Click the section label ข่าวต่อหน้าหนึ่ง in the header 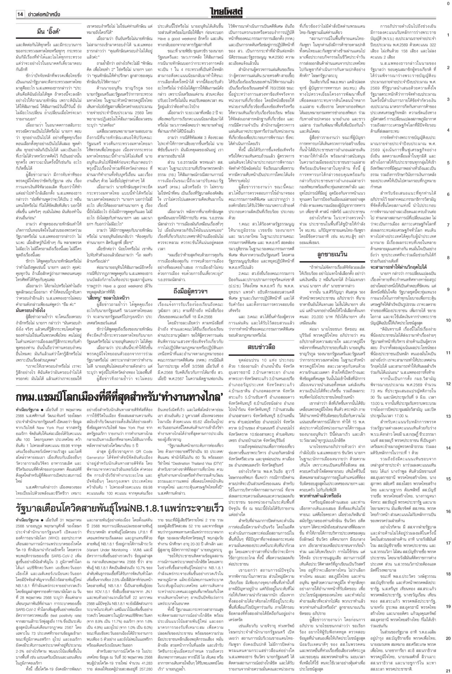[43, 14]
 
